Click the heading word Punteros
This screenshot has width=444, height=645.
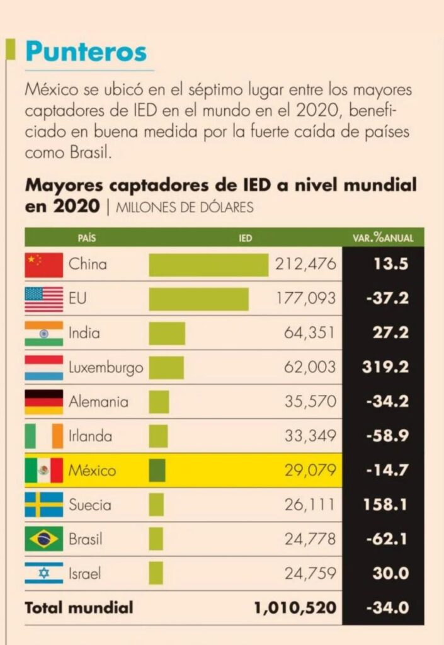click(86, 51)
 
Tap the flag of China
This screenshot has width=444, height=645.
click(43, 265)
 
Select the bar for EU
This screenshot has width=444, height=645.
click(198, 299)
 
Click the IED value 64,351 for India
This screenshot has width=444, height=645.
click(310, 333)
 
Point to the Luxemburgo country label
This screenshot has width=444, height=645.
click(106, 367)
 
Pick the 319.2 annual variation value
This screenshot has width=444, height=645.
click(385, 367)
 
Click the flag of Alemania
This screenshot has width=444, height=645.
click(43, 402)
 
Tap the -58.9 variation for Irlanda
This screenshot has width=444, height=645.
click(387, 436)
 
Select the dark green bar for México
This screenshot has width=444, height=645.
click(157, 470)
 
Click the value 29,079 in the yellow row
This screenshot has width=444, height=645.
click(310, 470)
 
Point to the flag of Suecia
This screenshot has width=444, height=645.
click(43, 505)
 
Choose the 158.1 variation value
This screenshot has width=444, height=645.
click(386, 505)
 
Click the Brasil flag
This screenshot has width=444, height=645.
click(43, 539)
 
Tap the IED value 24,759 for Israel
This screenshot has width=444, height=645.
click(310, 574)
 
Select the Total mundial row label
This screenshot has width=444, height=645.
click(79, 608)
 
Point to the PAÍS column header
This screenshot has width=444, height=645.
click(87, 238)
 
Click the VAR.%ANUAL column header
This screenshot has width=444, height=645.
click(383, 238)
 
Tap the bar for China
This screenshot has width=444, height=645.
click(208, 265)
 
